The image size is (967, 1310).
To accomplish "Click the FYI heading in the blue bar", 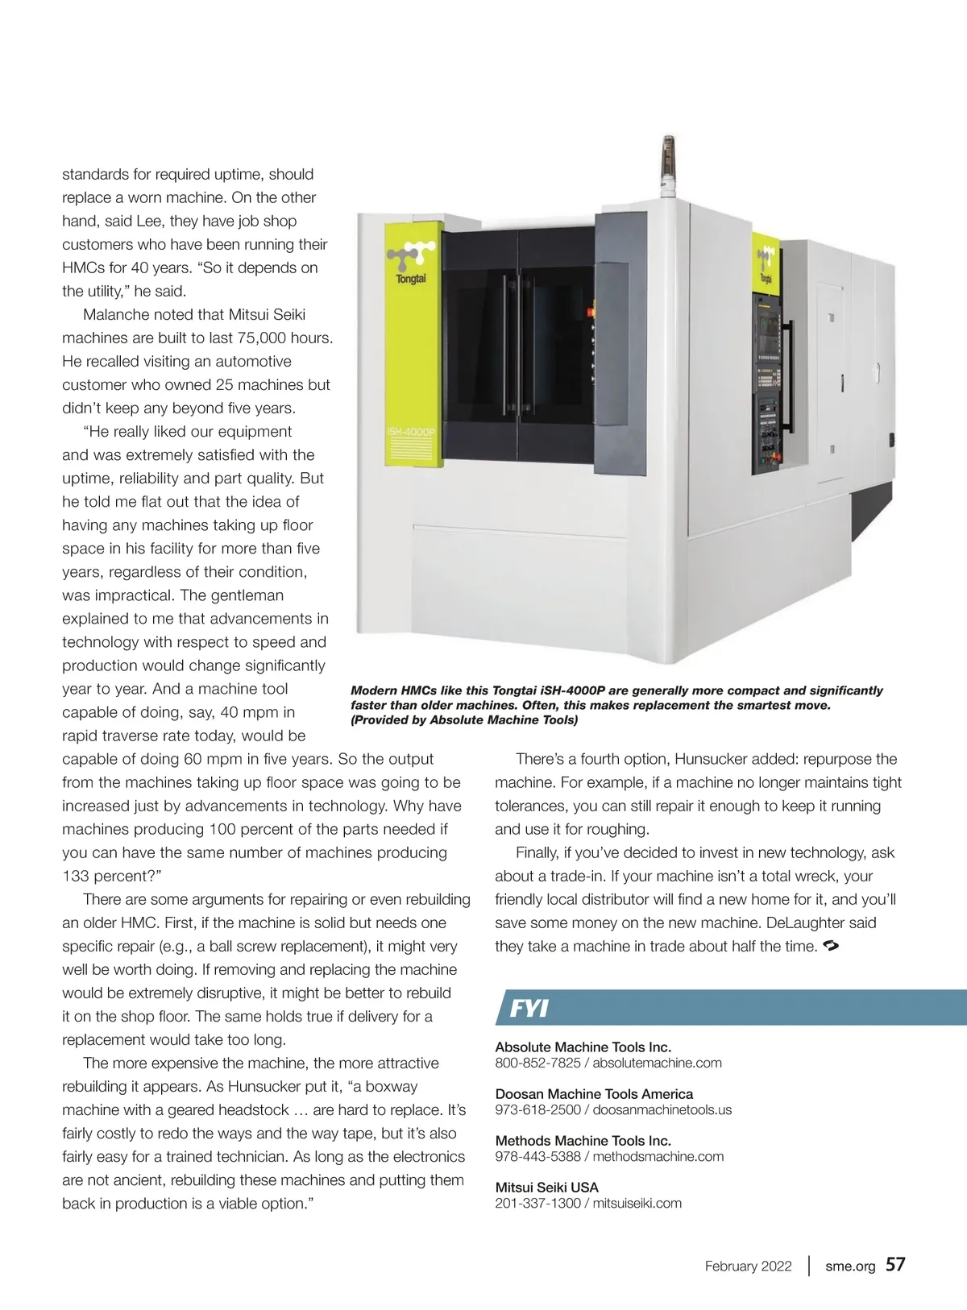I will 529,1008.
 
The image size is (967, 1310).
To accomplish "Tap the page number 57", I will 895,1264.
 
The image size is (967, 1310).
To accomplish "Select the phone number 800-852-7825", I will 537,1063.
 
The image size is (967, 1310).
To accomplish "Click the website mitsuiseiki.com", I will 637,1203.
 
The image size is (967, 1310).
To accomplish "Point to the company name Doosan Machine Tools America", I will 594,1093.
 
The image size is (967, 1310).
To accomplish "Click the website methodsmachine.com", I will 658,1156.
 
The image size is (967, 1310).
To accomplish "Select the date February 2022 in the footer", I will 748,1266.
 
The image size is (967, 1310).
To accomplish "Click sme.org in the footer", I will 849,1266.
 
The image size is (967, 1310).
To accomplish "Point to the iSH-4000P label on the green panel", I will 411,432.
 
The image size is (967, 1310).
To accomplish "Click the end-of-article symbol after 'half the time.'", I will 831,946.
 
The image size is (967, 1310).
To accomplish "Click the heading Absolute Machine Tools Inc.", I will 583,1047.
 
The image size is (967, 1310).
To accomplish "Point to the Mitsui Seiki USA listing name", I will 546,1187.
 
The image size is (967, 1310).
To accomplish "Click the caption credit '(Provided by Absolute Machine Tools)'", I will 464,719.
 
